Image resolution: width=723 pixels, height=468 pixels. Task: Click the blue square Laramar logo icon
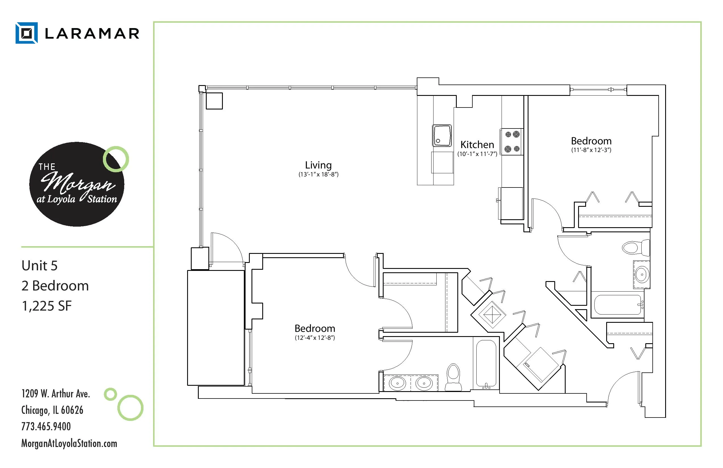click(x=27, y=33)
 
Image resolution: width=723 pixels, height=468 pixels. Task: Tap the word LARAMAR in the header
click(x=92, y=33)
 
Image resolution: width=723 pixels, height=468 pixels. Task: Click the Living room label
click(x=318, y=165)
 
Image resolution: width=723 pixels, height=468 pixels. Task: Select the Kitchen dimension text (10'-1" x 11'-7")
click(x=477, y=154)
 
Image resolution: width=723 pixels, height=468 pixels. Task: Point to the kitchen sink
click(x=442, y=136)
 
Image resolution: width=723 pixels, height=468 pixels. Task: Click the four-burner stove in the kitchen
click(x=512, y=142)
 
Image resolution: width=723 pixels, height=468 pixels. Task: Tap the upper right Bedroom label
click(x=591, y=141)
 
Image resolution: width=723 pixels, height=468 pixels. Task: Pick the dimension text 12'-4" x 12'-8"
click(x=315, y=338)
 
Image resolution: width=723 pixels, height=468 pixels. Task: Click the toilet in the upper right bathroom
click(x=636, y=248)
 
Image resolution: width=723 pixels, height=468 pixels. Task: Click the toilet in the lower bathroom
click(x=453, y=377)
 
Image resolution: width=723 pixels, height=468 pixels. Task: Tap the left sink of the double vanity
click(x=397, y=383)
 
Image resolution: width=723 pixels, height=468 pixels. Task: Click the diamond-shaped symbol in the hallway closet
click(x=492, y=315)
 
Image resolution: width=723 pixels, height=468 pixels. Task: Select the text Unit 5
click(x=39, y=265)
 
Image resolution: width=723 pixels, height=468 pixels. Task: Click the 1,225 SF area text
click(x=46, y=306)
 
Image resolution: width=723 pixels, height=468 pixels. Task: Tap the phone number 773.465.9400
click(x=46, y=426)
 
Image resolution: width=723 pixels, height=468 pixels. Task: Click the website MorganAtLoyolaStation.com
click(x=69, y=443)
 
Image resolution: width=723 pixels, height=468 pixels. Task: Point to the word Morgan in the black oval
click(x=78, y=183)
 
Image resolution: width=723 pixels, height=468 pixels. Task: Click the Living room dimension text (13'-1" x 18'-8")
click(x=318, y=174)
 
